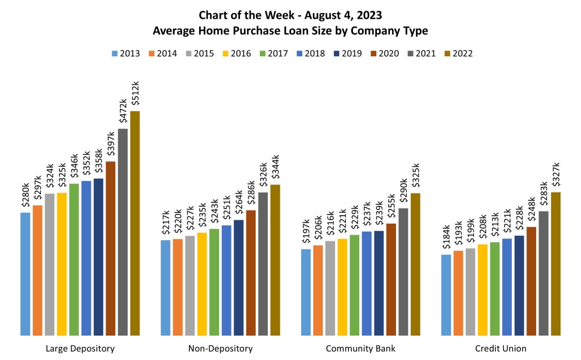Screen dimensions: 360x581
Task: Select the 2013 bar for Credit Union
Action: pyautogui.click(x=446, y=295)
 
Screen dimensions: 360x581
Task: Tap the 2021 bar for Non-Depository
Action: pyautogui.click(x=263, y=264)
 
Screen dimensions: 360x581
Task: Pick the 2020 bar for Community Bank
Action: pyautogui.click(x=391, y=279)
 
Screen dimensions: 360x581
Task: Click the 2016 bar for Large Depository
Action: pyautogui.click(x=62, y=264)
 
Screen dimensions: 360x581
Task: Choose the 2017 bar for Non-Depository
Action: pyautogui.click(x=214, y=282)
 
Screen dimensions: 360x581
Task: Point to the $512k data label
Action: pyautogui.click(x=135, y=94)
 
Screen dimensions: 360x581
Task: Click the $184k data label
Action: pyautogui.click(x=446, y=239)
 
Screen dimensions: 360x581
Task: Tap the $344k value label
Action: pyautogui.click(x=275, y=168)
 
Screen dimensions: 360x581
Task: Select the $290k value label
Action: pyautogui.click(x=403, y=191)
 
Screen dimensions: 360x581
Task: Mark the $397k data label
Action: pyautogui.click(x=111, y=145)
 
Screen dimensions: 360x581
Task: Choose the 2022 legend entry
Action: pyautogui.click(x=457, y=54)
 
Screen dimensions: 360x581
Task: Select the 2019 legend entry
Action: pyautogui.click(x=347, y=54)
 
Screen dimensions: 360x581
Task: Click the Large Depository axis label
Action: pyautogui.click(x=80, y=348)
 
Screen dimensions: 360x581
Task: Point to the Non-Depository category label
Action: pyautogui.click(x=220, y=348)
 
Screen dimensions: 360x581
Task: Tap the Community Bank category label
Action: pyautogui.click(x=360, y=348)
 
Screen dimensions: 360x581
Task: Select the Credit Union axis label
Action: pyautogui.click(x=501, y=348)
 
